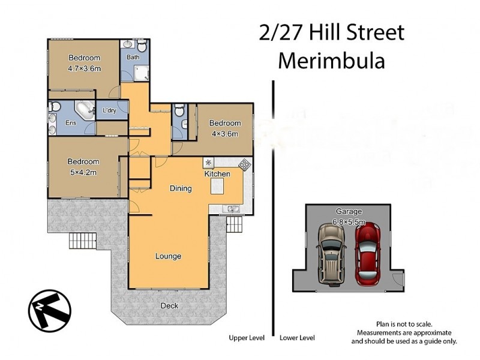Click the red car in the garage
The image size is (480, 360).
[367, 254]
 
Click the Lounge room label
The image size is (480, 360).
[169, 256]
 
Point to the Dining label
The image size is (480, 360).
[181, 188]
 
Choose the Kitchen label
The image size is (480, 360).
[217, 174]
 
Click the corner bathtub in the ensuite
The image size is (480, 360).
[85, 111]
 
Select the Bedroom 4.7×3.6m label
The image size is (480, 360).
[84, 63]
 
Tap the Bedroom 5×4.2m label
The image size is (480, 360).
[83, 167]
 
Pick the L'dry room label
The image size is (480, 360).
[109, 111]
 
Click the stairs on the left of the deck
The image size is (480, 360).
[82, 241]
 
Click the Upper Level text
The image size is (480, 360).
[247, 338]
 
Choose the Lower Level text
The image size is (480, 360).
[297, 338]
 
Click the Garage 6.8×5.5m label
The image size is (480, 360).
[349, 217]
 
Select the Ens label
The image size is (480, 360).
[70, 123]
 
